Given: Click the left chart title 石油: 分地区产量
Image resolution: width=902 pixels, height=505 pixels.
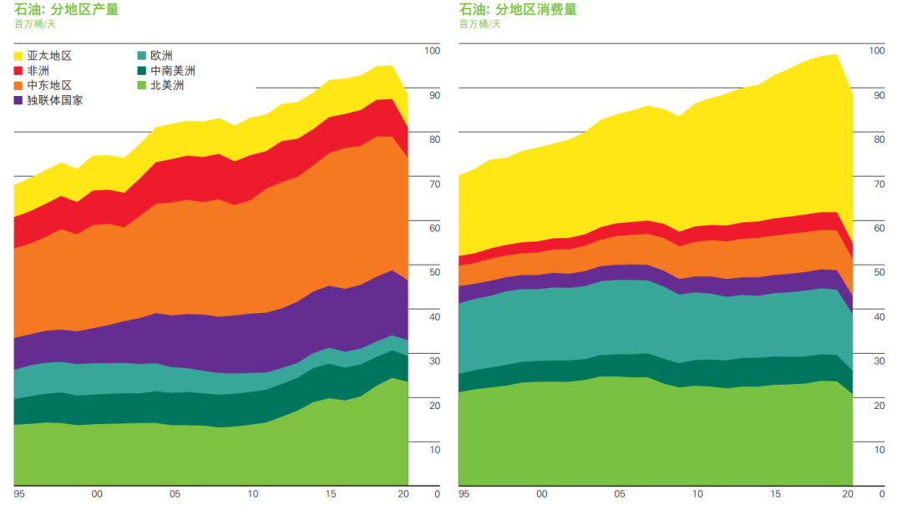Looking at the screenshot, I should coord(67,10).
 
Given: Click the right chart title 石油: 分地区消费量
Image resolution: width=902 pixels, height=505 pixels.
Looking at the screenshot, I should coord(518,10).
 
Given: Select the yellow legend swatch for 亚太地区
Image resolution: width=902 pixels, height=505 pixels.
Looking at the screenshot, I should coord(19,56).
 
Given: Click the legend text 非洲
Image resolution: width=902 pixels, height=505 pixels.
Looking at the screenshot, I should coord(38,71).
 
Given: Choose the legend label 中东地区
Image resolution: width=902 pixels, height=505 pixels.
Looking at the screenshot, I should coord(50,85).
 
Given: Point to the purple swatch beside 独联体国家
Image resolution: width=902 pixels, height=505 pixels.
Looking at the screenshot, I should coord(19,100).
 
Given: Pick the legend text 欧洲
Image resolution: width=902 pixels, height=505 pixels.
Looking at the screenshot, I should coord(161,56).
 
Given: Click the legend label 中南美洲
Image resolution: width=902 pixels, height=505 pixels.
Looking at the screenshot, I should coord(172,71).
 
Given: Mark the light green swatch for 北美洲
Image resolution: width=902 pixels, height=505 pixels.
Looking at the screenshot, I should coord(142,85).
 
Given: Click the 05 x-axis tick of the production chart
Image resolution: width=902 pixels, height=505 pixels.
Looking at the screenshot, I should coord(175,494).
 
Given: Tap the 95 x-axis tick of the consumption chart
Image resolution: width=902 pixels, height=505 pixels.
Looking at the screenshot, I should coord(464,494).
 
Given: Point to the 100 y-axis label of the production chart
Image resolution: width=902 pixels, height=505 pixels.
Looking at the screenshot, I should coord(432,51).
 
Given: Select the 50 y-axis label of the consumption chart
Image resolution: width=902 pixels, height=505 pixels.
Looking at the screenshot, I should coord(879,272).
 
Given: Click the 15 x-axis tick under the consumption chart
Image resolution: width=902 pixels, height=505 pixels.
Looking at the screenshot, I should coord(776,494).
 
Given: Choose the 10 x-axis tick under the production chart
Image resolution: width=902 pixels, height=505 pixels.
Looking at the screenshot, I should coord(253,494).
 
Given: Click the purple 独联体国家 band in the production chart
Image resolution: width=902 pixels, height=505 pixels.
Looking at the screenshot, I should coord(251,342).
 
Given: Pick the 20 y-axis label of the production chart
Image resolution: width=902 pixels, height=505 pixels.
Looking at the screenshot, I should coord(434,405).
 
